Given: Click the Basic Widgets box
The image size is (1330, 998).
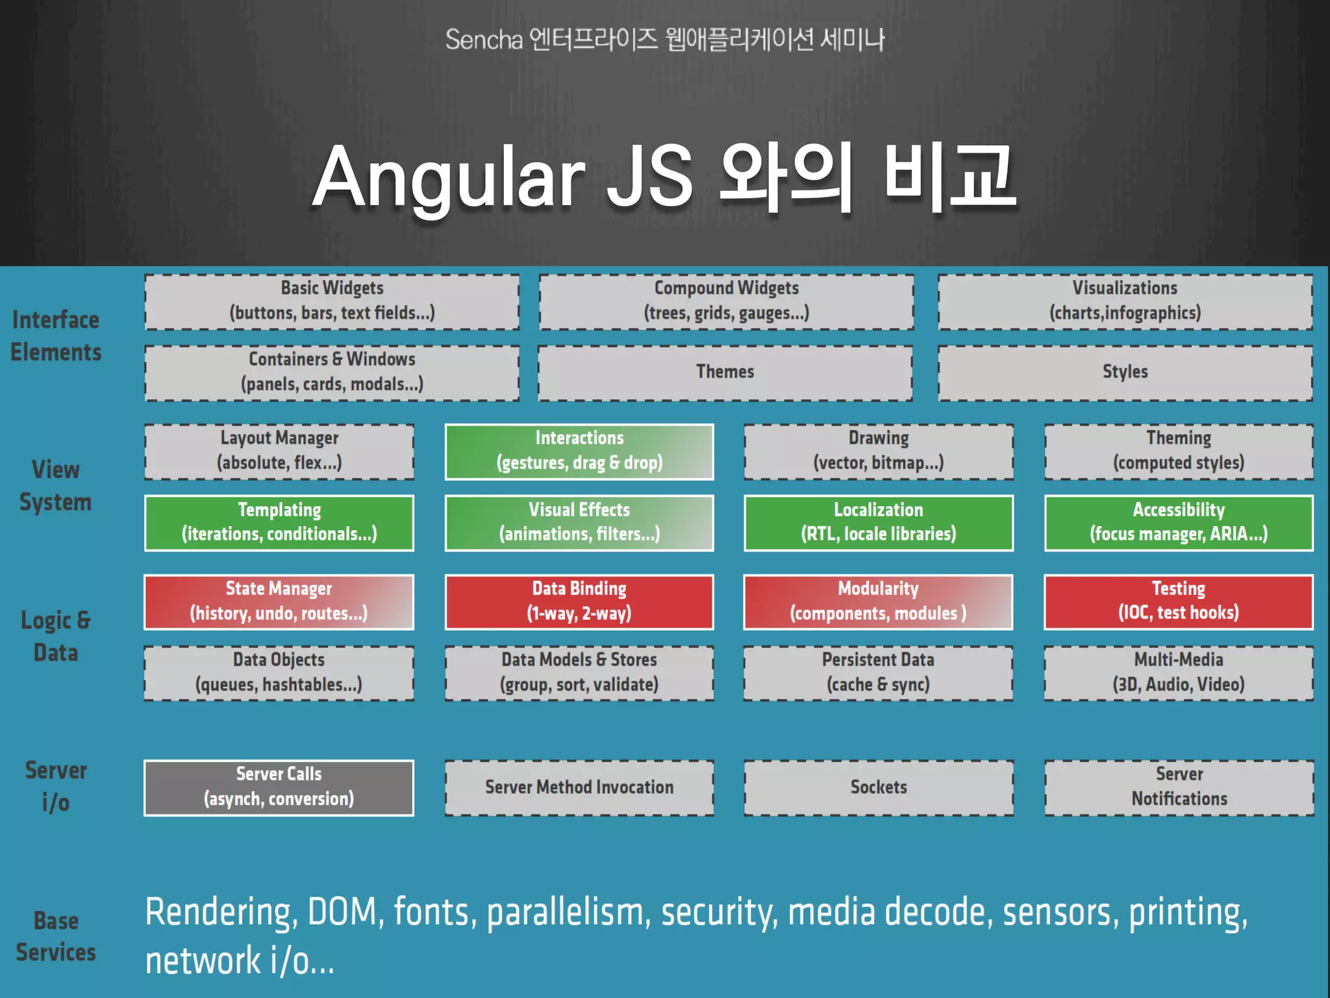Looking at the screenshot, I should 332,301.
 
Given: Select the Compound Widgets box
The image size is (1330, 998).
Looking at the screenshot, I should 726,301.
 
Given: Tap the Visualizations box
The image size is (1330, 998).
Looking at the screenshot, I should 1125,301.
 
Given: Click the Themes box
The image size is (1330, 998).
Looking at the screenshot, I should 725,372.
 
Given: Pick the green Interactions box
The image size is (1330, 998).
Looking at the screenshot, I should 579,452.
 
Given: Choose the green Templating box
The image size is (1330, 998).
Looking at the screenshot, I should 279,522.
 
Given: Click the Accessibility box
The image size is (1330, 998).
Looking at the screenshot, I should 1179,522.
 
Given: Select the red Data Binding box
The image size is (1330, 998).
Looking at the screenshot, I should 579,602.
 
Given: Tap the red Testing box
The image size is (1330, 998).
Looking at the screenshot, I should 1179,602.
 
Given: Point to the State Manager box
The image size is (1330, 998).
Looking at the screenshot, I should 279,602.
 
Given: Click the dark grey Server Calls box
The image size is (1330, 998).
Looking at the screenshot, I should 279,787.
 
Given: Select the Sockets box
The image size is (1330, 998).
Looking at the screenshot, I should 879,787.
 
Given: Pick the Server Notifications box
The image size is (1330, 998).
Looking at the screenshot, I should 1179,787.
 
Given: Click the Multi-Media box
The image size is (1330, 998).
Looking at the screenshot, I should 1179,673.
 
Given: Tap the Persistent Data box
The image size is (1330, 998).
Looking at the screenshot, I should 878,673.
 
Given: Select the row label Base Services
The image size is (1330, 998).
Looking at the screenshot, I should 56,937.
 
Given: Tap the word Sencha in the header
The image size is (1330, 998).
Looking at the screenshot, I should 484,40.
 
